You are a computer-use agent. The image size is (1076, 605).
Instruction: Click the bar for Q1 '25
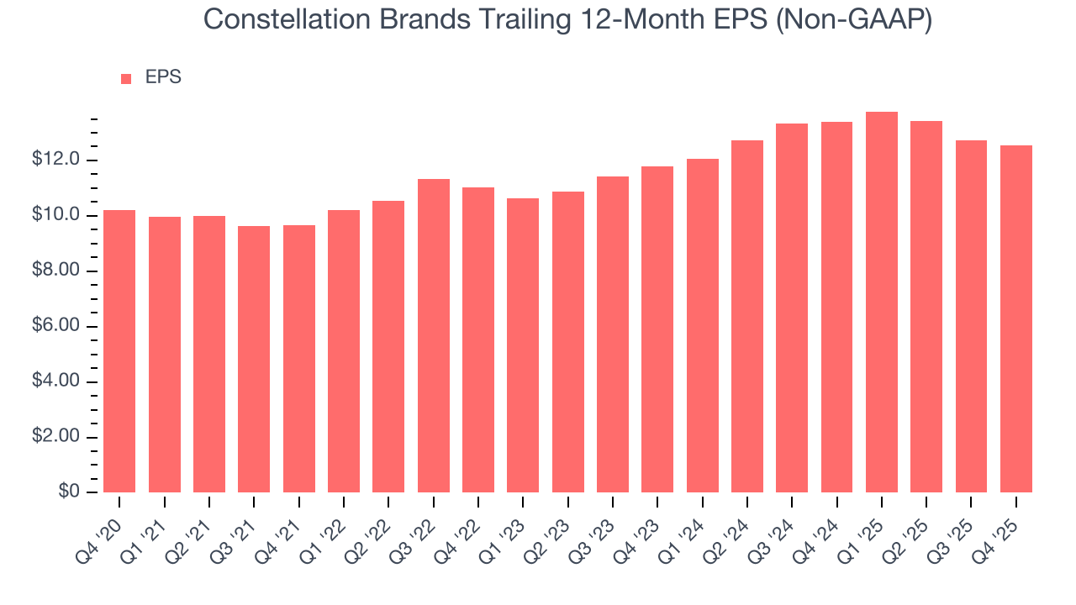click(x=882, y=302)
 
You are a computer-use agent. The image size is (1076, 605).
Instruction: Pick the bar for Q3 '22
click(x=434, y=336)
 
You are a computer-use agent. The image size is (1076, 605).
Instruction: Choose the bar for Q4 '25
click(x=1016, y=319)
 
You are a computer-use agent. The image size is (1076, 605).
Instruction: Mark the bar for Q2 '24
click(x=747, y=317)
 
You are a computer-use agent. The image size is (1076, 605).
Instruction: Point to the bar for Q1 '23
click(x=523, y=345)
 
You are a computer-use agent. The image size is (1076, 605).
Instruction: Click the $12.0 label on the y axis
click(x=56, y=160)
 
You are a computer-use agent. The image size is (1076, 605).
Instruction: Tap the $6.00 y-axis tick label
click(x=56, y=326)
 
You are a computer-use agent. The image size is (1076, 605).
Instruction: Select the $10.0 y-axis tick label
click(x=56, y=215)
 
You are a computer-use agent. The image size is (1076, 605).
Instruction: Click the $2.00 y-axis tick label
click(x=56, y=437)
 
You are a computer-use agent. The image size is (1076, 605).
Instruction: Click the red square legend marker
click(x=126, y=78)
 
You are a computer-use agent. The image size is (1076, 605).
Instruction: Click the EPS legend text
click(x=163, y=77)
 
